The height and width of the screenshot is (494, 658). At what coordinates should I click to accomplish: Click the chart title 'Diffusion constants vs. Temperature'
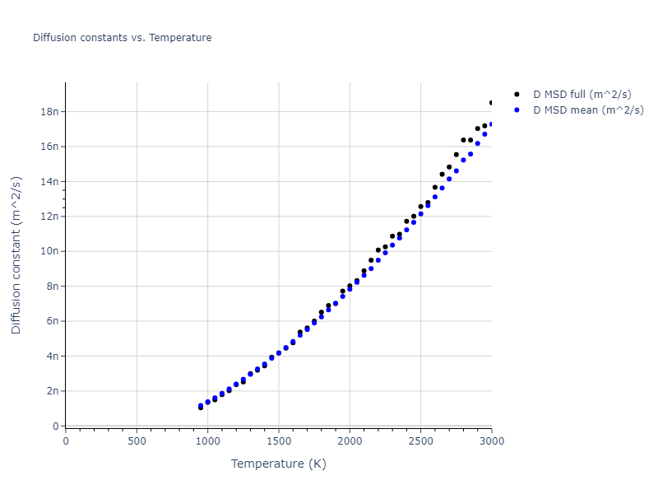(122, 38)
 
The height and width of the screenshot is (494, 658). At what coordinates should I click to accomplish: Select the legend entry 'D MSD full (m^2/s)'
(588, 95)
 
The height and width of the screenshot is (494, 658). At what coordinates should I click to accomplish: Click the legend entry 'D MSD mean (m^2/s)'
(588, 110)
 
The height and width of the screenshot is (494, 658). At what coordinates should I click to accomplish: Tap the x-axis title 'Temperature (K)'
(279, 464)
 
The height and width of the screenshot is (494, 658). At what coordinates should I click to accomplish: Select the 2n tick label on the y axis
(53, 391)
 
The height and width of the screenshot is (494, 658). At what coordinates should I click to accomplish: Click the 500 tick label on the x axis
(137, 440)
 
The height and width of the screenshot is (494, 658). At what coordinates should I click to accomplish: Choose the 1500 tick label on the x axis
(279, 440)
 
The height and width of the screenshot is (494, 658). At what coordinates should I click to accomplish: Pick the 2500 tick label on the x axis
(420, 440)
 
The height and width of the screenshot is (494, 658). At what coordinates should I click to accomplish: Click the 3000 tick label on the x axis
(491, 440)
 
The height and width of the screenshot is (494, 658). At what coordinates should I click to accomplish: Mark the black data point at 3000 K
(492, 103)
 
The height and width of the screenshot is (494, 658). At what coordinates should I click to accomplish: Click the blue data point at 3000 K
(492, 124)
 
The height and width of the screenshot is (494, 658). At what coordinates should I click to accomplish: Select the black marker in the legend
(517, 95)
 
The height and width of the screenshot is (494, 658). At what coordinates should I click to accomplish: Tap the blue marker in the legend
(517, 110)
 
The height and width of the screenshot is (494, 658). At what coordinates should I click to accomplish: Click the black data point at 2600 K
(435, 187)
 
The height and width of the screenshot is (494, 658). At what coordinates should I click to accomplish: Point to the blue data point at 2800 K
(463, 160)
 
